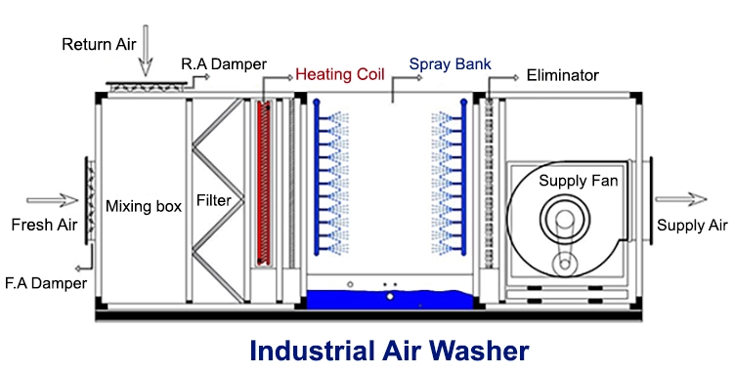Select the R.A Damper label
coord(223,65)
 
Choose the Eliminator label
coord(562,74)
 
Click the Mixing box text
coord(144,206)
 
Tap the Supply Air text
coord(692,226)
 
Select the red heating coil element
coord(262,182)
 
